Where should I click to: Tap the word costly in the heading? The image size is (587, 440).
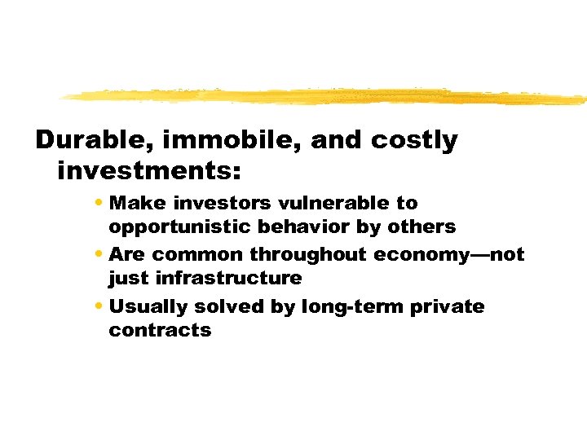click(x=414, y=141)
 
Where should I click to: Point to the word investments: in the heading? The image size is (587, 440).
click(x=149, y=171)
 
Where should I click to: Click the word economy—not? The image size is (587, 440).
click(x=449, y=255)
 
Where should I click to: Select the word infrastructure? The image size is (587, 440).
click(x=228, y=278)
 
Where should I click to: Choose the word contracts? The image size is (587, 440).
click(x=160, y=330)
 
